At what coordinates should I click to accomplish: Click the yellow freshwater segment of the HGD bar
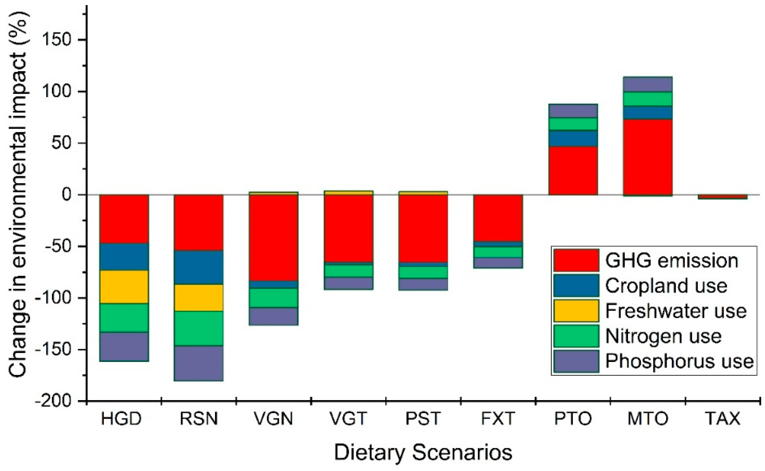124,287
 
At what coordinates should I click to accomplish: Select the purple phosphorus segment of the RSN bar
199,363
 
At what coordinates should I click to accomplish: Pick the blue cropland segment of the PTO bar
573,138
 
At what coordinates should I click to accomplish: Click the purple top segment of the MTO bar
648,84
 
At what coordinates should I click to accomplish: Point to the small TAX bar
722,197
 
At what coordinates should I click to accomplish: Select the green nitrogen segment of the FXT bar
498,252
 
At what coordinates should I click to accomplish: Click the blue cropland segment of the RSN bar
199,268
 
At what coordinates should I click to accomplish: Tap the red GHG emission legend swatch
576,260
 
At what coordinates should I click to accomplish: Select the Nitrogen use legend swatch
576,336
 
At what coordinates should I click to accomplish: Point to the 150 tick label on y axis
59,40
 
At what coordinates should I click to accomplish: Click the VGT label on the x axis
348,419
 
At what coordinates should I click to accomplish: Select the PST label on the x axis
423,419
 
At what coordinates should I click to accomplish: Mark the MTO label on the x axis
648,419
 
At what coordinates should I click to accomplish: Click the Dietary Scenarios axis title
423,453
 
